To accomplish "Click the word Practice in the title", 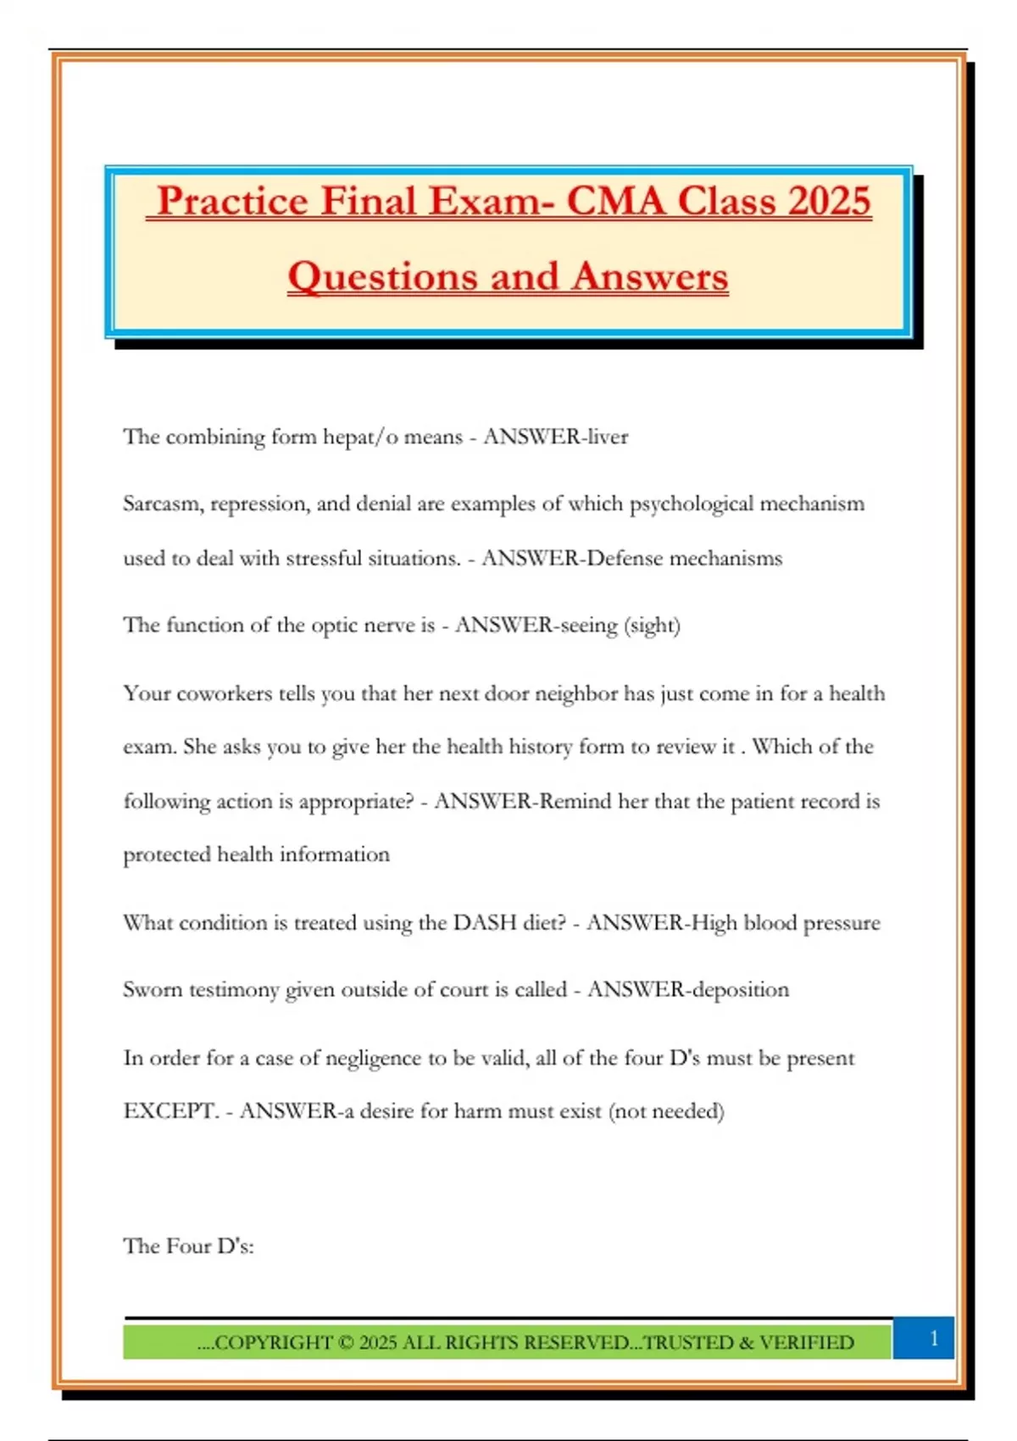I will pyautogui.click(x=232, y=202).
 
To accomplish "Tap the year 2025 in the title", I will pyautogui.click(x=828, y=202).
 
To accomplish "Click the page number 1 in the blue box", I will pyautogui.click(x=934, y=1338).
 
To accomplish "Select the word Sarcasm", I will pyautogui.click(x=163, y=504).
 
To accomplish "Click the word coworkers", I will pyautogui.click(x=225, y=693).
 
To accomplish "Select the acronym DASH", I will pyautogui.click(x=485, y=922).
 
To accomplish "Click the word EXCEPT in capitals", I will pyautogui.click(x=170, y=1110).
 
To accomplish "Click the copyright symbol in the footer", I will pyautogui.click(x=345, y=1343).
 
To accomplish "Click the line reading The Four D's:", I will pyautogui.click(x=188, y=1246).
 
